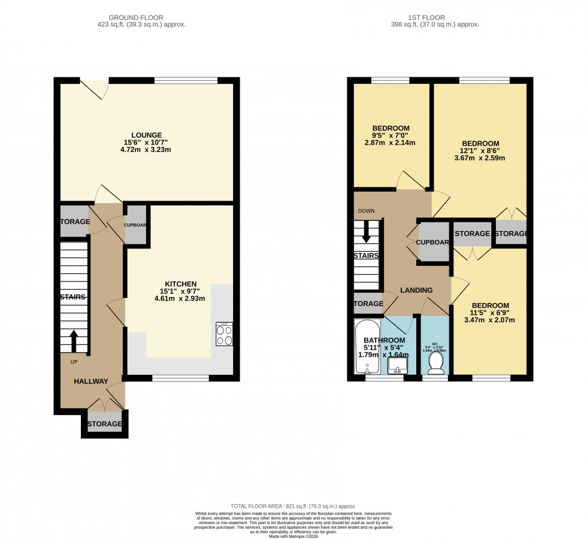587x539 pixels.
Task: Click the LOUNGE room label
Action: point(147,135)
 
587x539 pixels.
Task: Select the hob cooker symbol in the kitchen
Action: point(225,334)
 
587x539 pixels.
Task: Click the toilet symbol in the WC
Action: point(435,361)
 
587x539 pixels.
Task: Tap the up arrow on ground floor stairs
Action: point(74,341)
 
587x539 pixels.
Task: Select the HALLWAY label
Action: point(90,381)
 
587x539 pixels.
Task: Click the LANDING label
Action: point(416,290)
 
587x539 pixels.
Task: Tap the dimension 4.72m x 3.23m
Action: point(147,150)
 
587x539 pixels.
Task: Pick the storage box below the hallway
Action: point(105,424)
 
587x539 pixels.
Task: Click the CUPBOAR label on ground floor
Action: point(136,225)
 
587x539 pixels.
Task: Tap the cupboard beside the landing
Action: point(433,242)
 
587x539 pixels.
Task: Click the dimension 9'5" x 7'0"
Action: point(391,135)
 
